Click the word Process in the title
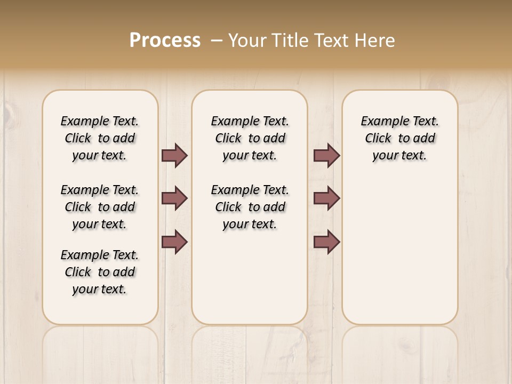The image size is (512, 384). coord(165,40)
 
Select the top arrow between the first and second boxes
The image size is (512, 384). coord(174,155)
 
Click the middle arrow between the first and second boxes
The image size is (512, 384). coord(174,198)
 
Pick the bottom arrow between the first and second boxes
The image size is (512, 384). coord(174,242)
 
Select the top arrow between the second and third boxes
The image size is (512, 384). coord(326,155)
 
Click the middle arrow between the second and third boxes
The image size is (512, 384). coord(326,198)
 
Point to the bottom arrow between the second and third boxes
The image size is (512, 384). coord(326,242)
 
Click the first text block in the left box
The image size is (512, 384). coord(100,138)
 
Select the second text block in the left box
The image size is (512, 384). coord(100,207)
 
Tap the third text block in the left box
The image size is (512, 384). coord(100,272)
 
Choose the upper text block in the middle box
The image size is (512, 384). coord(250,138)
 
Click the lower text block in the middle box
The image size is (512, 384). coord(250,207)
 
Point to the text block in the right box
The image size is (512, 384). coord(399,138)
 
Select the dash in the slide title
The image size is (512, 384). coord(217,41)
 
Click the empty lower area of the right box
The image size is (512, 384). coord(399,251)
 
